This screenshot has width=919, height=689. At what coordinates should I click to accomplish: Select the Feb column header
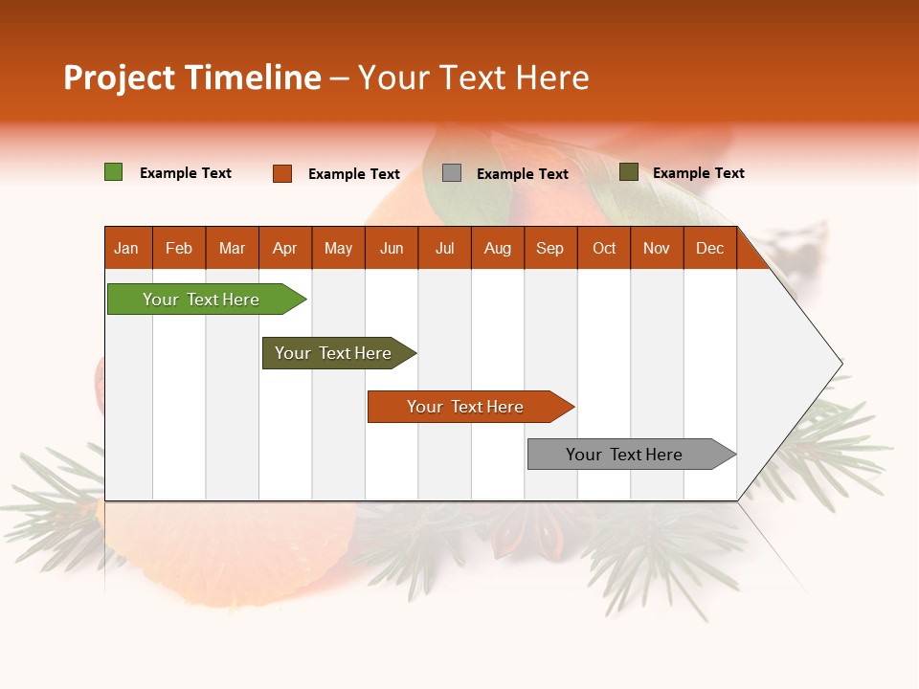click(179, 248)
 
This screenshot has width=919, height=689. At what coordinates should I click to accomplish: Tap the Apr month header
click(285, 248)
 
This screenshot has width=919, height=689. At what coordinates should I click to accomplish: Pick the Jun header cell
click(392, 248)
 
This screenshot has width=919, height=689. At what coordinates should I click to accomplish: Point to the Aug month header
click(498, 248)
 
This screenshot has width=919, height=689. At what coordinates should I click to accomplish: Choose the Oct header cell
click(604, 248)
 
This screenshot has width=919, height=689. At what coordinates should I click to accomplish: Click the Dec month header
click(709, 248)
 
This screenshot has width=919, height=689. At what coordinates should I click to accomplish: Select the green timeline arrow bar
click(207, 299)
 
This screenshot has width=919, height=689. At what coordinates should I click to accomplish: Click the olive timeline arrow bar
click(339, 353)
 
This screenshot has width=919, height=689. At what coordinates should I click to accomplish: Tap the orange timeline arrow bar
click(471, 407)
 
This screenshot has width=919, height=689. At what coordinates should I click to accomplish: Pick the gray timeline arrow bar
click(632, 454)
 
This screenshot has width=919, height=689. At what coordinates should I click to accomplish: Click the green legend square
click(113, 171)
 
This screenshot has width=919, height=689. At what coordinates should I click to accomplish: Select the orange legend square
click(281, 173)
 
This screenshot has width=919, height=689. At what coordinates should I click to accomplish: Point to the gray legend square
click(451, 173)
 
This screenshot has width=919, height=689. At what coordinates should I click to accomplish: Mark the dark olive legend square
click(628, 171)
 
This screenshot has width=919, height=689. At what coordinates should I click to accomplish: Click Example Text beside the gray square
click(523, 174)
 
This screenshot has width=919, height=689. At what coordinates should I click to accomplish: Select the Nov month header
click(657, 248)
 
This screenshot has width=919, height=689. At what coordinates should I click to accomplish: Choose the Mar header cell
click(232, 248)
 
